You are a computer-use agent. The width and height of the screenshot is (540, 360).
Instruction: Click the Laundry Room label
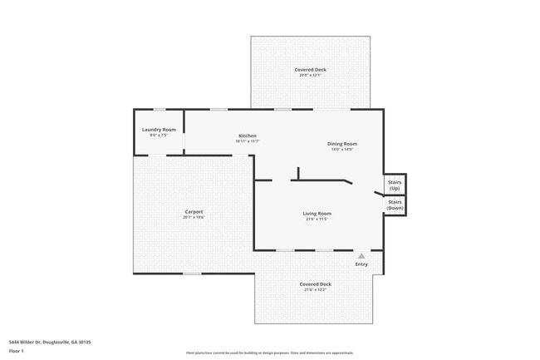[159, 130]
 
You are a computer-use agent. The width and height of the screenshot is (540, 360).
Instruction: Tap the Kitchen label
[248, 136]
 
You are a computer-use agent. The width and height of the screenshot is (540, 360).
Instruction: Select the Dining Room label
[341, 144]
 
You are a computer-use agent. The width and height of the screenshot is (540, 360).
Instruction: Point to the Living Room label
[317, 214]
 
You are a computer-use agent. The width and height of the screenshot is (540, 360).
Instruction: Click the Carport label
[194, 211]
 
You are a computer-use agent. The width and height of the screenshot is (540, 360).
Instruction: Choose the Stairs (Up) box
[395, 185]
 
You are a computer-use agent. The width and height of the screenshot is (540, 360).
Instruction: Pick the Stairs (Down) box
[395, 205]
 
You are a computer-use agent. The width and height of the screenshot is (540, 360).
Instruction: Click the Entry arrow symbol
[361, 256]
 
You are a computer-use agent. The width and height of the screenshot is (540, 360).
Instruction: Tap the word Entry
[361, 264]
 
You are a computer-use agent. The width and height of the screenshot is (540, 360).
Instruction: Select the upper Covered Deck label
[310, 69]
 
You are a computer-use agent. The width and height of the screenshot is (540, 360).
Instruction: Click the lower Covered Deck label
[315, 284]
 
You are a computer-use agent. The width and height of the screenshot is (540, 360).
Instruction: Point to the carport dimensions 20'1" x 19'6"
[194, 217]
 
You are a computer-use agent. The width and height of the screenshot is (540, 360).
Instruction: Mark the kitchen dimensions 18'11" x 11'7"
[248, 141]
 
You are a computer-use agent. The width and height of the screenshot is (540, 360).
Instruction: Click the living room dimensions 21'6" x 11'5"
[317, 219]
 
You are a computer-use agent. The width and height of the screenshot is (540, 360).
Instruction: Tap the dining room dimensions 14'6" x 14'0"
[341, 150]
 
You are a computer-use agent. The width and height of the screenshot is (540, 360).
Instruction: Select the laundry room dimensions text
[159, 136]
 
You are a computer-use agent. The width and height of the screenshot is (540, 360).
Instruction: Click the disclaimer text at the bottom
[270, 353]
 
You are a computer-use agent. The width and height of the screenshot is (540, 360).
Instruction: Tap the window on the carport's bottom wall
[193, 274]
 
